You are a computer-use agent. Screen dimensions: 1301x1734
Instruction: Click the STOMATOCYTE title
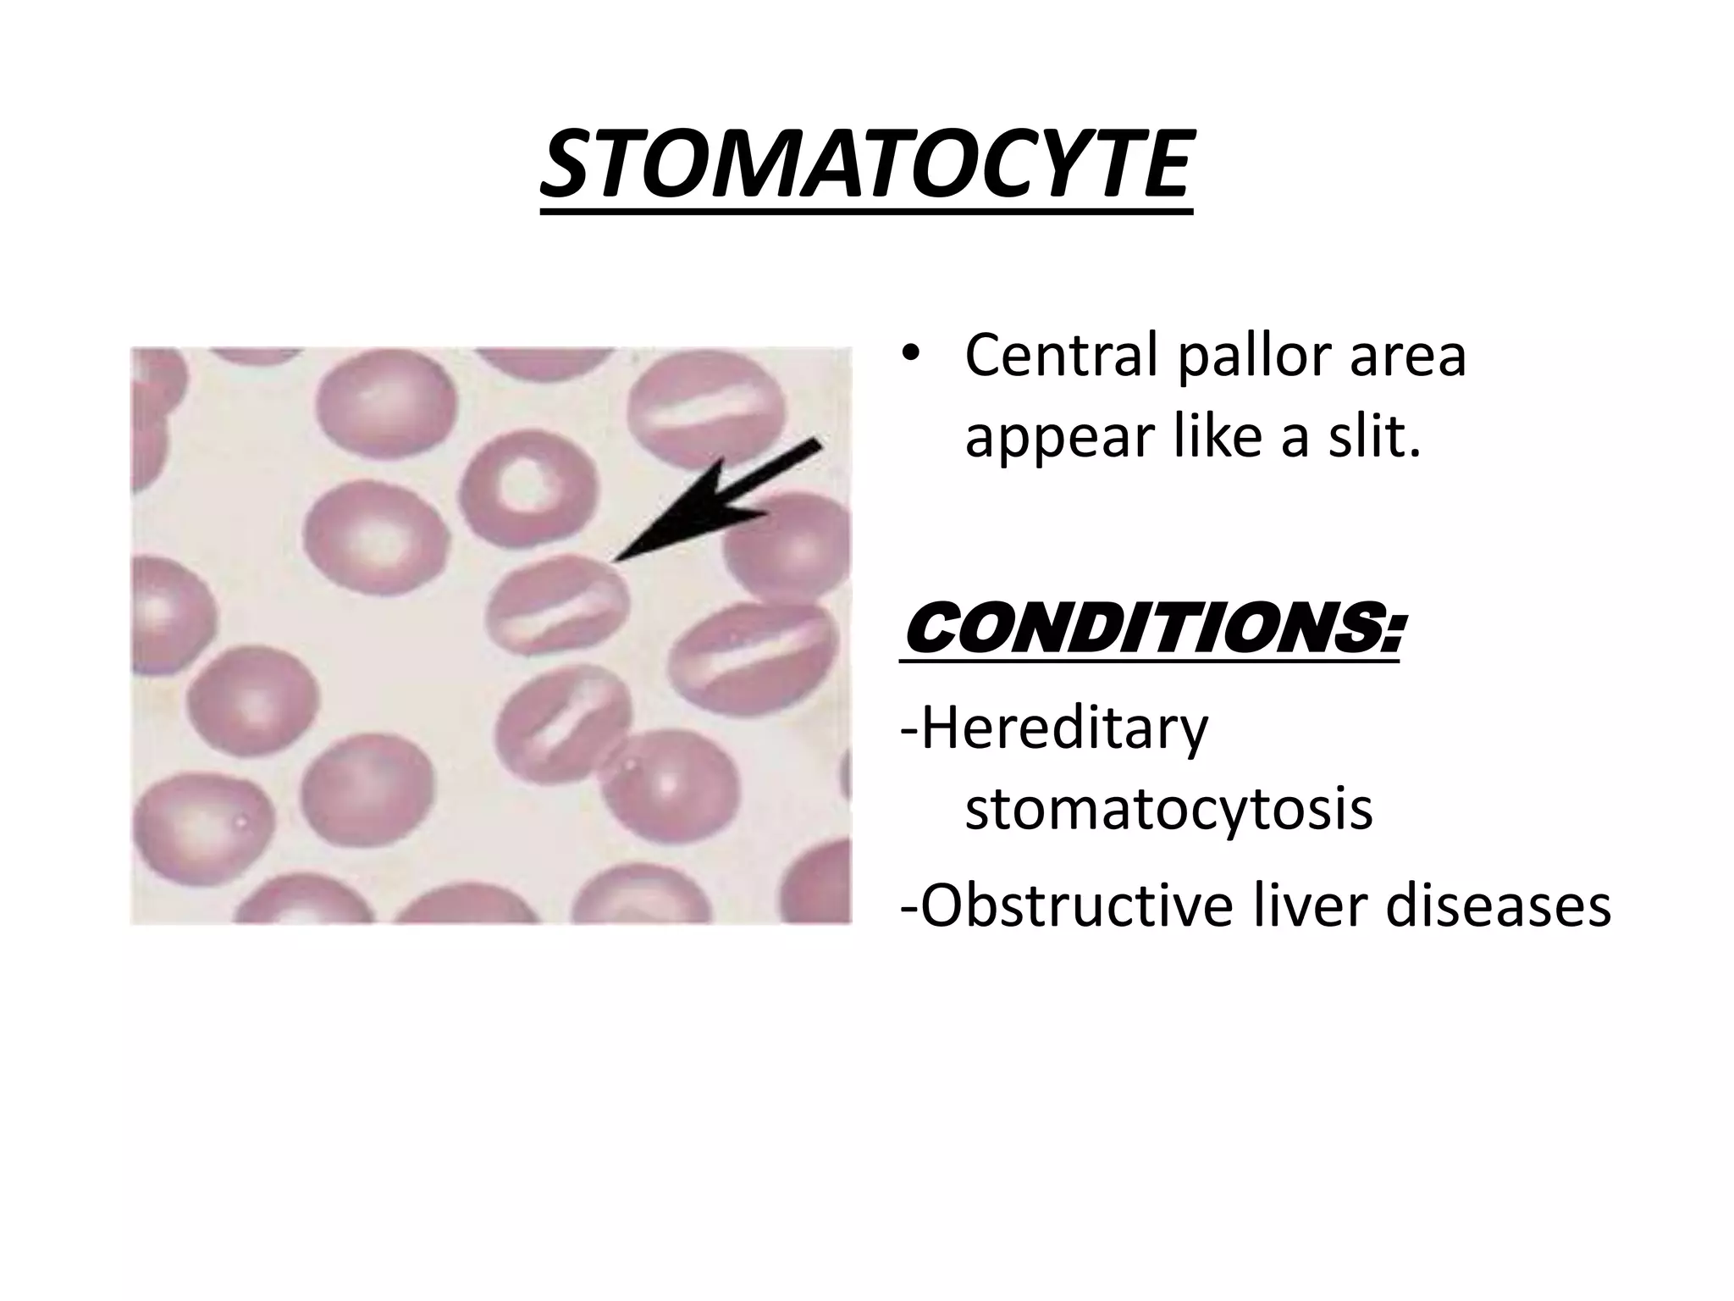click(866, 168)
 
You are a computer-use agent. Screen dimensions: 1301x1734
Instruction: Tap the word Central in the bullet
click(1061, 357)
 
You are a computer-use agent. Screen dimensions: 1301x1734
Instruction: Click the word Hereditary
click(1055, 729)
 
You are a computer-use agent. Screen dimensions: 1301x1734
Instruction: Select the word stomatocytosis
click(1168, 809)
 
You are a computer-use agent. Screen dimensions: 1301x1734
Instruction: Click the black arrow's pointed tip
click(616, 560)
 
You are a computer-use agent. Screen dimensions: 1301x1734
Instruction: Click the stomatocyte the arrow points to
click(559, 605)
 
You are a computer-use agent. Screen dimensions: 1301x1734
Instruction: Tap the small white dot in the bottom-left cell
click(242, 820)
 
